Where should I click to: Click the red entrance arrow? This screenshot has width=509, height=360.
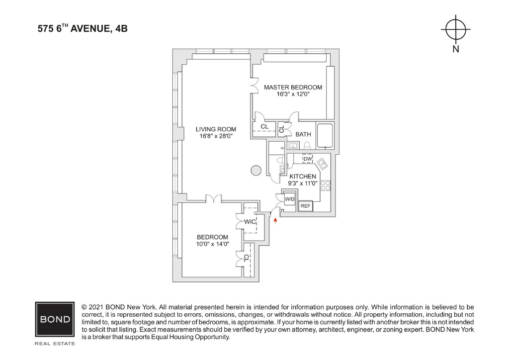click(275, 221)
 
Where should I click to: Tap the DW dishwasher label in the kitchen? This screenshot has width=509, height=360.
click(307, 159)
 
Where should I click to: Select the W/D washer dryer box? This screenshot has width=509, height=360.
click(290, 199)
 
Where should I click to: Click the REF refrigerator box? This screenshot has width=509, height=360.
click(306, 206)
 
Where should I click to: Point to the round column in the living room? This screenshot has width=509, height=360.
click(256, 170)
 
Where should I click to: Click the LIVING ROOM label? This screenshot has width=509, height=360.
click(216, 129)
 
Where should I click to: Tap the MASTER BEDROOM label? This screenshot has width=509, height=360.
click(293, 88)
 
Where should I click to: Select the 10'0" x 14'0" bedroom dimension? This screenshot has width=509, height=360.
click(213, 244)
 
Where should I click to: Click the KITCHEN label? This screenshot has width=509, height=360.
click(303, 176)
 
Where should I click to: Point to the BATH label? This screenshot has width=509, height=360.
click(303, 134)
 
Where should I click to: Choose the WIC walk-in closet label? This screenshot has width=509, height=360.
click(250, 222)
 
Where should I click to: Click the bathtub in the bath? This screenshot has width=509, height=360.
click(325, 135)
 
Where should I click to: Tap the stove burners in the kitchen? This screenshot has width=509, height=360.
click(325, 185)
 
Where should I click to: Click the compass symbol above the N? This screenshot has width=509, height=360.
click(455, 29)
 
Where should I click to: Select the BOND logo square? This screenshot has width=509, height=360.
click(55, 319)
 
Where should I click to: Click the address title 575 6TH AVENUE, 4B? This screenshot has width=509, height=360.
click(83, 28)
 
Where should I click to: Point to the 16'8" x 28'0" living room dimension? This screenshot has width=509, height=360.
click(216, 136)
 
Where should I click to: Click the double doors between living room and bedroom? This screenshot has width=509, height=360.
click(214, 198)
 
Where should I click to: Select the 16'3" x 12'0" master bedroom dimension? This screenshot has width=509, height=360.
click(293, 94)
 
